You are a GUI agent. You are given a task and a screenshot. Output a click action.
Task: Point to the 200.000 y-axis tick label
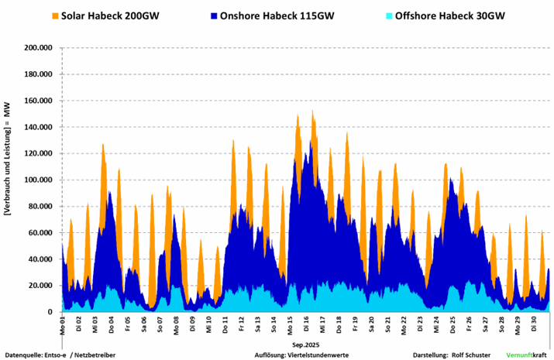[x=37, y=48]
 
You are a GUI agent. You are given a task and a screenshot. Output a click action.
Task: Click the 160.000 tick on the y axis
[x=37, y=101]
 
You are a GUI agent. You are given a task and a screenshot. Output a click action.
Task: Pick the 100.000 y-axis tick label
[x=37, y=180]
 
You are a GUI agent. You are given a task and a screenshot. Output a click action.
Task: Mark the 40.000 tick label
[x=40, y=259]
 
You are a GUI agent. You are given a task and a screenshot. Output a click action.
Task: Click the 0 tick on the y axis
[x=50, y=311]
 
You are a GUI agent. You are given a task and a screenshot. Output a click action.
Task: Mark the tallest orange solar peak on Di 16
[x=312, y=111]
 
